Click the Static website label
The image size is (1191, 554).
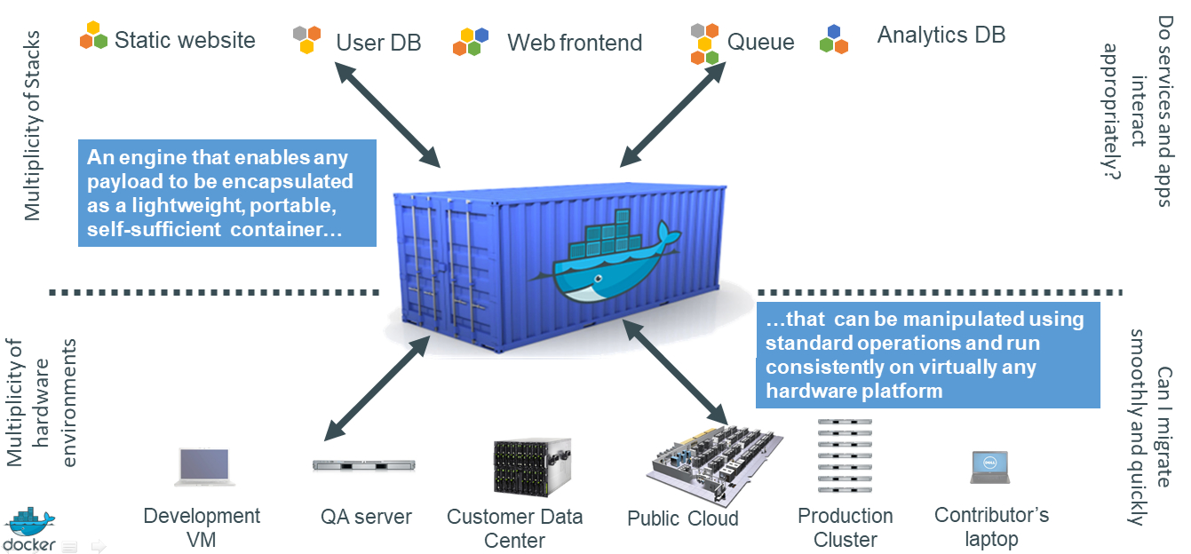(x=184, y=40)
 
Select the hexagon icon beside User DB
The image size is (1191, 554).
(x=307, y=40)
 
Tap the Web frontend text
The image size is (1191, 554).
(x=574, y=43)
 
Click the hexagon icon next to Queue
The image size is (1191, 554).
(x=704, y=43)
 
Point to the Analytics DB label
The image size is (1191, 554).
(x=941, y=36)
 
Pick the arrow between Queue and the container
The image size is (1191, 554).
(x=672, y=115)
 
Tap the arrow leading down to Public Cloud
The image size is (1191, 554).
(x=674, y=371)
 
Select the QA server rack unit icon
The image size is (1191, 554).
(x=364, y=464)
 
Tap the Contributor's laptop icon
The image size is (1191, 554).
(x=989, y=467)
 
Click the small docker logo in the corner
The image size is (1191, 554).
(x=30, y=532)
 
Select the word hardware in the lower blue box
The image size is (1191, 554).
(x=817, y=390)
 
